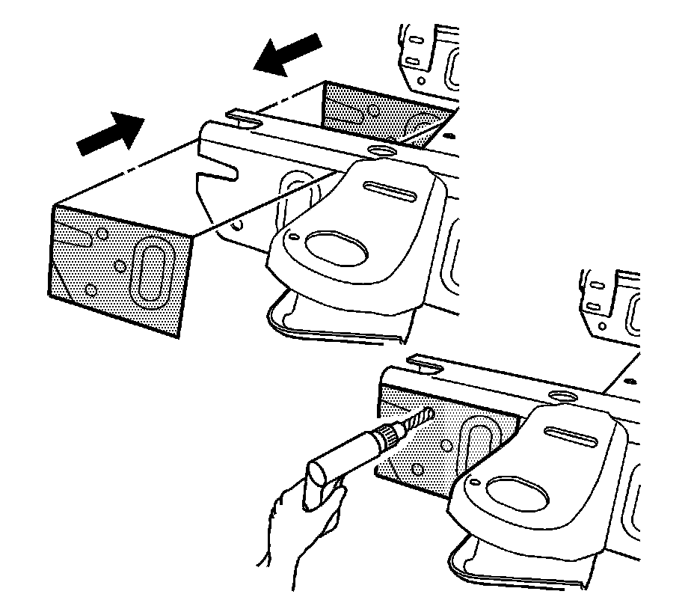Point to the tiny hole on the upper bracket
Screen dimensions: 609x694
[x=294, y=236]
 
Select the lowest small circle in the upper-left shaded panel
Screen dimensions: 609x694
[x=90, y=289]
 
